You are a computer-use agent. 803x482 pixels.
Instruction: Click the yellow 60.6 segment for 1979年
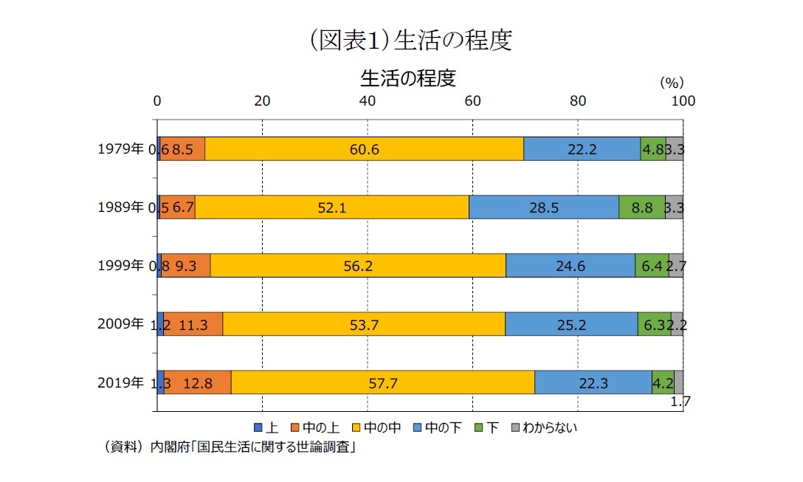tap(364, 149)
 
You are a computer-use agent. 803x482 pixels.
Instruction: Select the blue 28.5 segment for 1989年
tap(543, 207)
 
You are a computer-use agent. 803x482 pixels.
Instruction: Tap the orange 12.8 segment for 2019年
tap(198, 382)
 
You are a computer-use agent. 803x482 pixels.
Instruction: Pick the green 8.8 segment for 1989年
tap(641, 207)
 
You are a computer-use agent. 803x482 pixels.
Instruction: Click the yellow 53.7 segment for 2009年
tap(364, 324)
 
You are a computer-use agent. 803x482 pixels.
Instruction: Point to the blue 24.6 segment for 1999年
tap(570, 266)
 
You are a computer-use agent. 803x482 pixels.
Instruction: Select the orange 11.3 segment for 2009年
tap(193, 324)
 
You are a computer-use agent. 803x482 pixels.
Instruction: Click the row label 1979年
tap(120, 149)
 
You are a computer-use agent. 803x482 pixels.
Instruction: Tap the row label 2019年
tap(120, 382)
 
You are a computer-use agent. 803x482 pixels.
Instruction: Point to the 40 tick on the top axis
tap(368, 101)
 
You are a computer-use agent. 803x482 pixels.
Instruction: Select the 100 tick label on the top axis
tap(683, 101)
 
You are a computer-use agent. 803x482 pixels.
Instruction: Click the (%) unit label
tap(672, 82)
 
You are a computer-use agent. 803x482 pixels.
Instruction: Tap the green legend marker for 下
tap(478, 427)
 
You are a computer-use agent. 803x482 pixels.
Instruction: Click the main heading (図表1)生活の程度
tap(401, 40)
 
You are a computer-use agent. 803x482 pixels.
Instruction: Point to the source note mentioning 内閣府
tap(229, 447)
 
